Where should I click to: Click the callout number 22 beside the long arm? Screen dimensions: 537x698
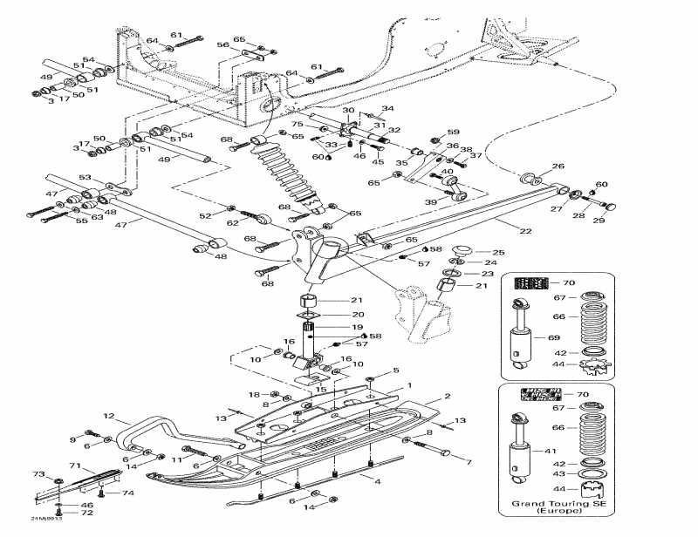pyautogui.click(x=525, y=230)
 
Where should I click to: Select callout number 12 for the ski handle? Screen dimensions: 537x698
pyautogui.click(x=109, y=416)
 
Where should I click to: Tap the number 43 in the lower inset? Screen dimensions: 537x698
pyautogui.click(x=558, y=473)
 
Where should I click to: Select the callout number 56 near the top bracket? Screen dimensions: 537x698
pyautogui.click(x=223, y=44)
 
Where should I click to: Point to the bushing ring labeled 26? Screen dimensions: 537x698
pyautogui.click(x=530, y=179)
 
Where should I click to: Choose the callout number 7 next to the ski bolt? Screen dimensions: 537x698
pyautogui.click(x=468, y=461)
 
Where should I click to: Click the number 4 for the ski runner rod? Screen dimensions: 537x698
pyautogui.click(x=377, y=480)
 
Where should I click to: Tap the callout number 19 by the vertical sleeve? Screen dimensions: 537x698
pyautogui.click(x=357, y=328)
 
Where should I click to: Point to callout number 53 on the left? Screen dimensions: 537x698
pyautogui.click(x=85, y=177)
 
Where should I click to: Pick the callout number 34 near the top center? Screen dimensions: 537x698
pyautogui.click(x=388, y=109)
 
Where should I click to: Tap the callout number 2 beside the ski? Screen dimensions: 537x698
pyautogui.click(x=447, y=397)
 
